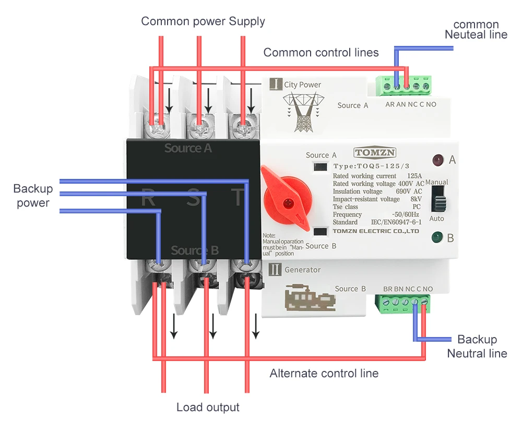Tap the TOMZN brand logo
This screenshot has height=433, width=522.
point(375,152)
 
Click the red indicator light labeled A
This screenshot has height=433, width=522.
point(437,160)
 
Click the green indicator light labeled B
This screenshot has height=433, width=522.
point(436,239)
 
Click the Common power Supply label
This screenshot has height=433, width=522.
point(203,21)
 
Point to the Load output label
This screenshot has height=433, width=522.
point(208,407)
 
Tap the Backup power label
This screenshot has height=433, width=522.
point(32,196)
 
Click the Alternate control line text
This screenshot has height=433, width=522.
point(324,374)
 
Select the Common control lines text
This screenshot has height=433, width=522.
point(321,52)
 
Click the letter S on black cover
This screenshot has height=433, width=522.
point(193,198)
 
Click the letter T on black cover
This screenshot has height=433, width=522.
point(238,198)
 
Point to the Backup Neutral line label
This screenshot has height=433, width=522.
point(477,346)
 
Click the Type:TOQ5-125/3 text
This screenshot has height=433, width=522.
point(368,166)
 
